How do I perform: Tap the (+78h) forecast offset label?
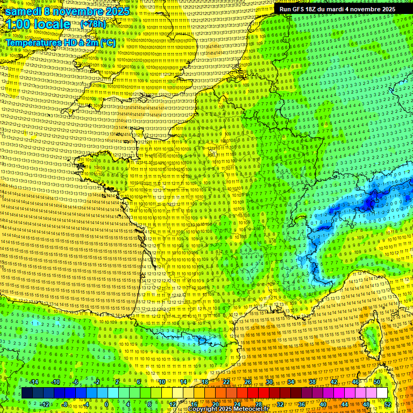93,24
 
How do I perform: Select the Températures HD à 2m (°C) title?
60,42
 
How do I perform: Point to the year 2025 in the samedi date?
117,11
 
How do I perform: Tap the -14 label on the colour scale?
33,382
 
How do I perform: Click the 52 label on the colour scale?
388,404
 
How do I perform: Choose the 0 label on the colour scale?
106,404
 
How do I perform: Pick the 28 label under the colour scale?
259,404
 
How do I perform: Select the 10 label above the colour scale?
161,382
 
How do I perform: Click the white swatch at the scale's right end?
382,393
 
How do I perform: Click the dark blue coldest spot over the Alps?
370,203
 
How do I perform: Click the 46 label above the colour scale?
355,382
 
